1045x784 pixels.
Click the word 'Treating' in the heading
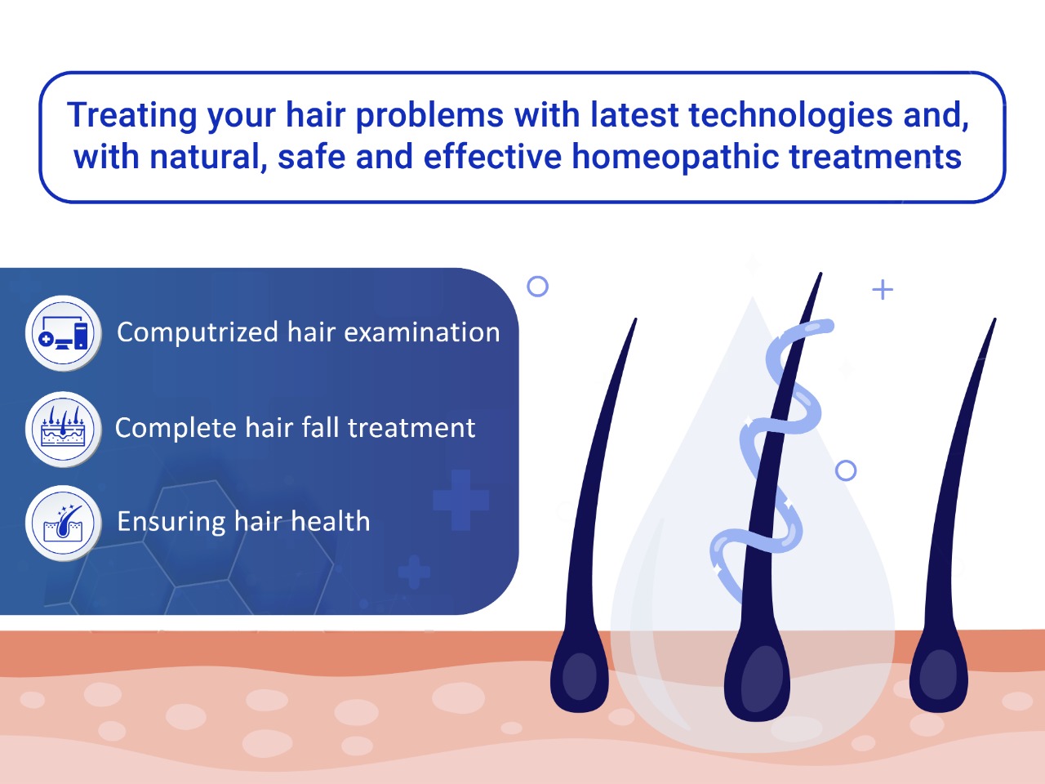[132, 115]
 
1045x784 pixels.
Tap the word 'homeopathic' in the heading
[674, 157]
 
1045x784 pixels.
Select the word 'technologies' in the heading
[790, 115]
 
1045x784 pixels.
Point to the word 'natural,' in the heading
[208, 157]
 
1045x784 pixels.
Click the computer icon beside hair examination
[64, 332]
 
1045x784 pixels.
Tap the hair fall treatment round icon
[64, 429]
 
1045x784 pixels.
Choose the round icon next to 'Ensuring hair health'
[64, 523]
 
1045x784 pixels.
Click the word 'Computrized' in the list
[198, 332]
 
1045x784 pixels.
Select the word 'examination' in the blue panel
[422, 332]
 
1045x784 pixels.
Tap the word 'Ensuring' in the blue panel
[171, 522]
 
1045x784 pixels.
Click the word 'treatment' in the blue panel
[411, 428]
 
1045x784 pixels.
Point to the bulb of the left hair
[580, 675]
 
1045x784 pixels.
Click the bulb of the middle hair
[757, 677]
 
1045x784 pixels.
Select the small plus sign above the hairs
[883, 289]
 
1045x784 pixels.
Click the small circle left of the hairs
[538, 287]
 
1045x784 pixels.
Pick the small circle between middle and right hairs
[846, 470]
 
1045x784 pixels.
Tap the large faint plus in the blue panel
[460, 501]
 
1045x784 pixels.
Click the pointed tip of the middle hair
[821, 274]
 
